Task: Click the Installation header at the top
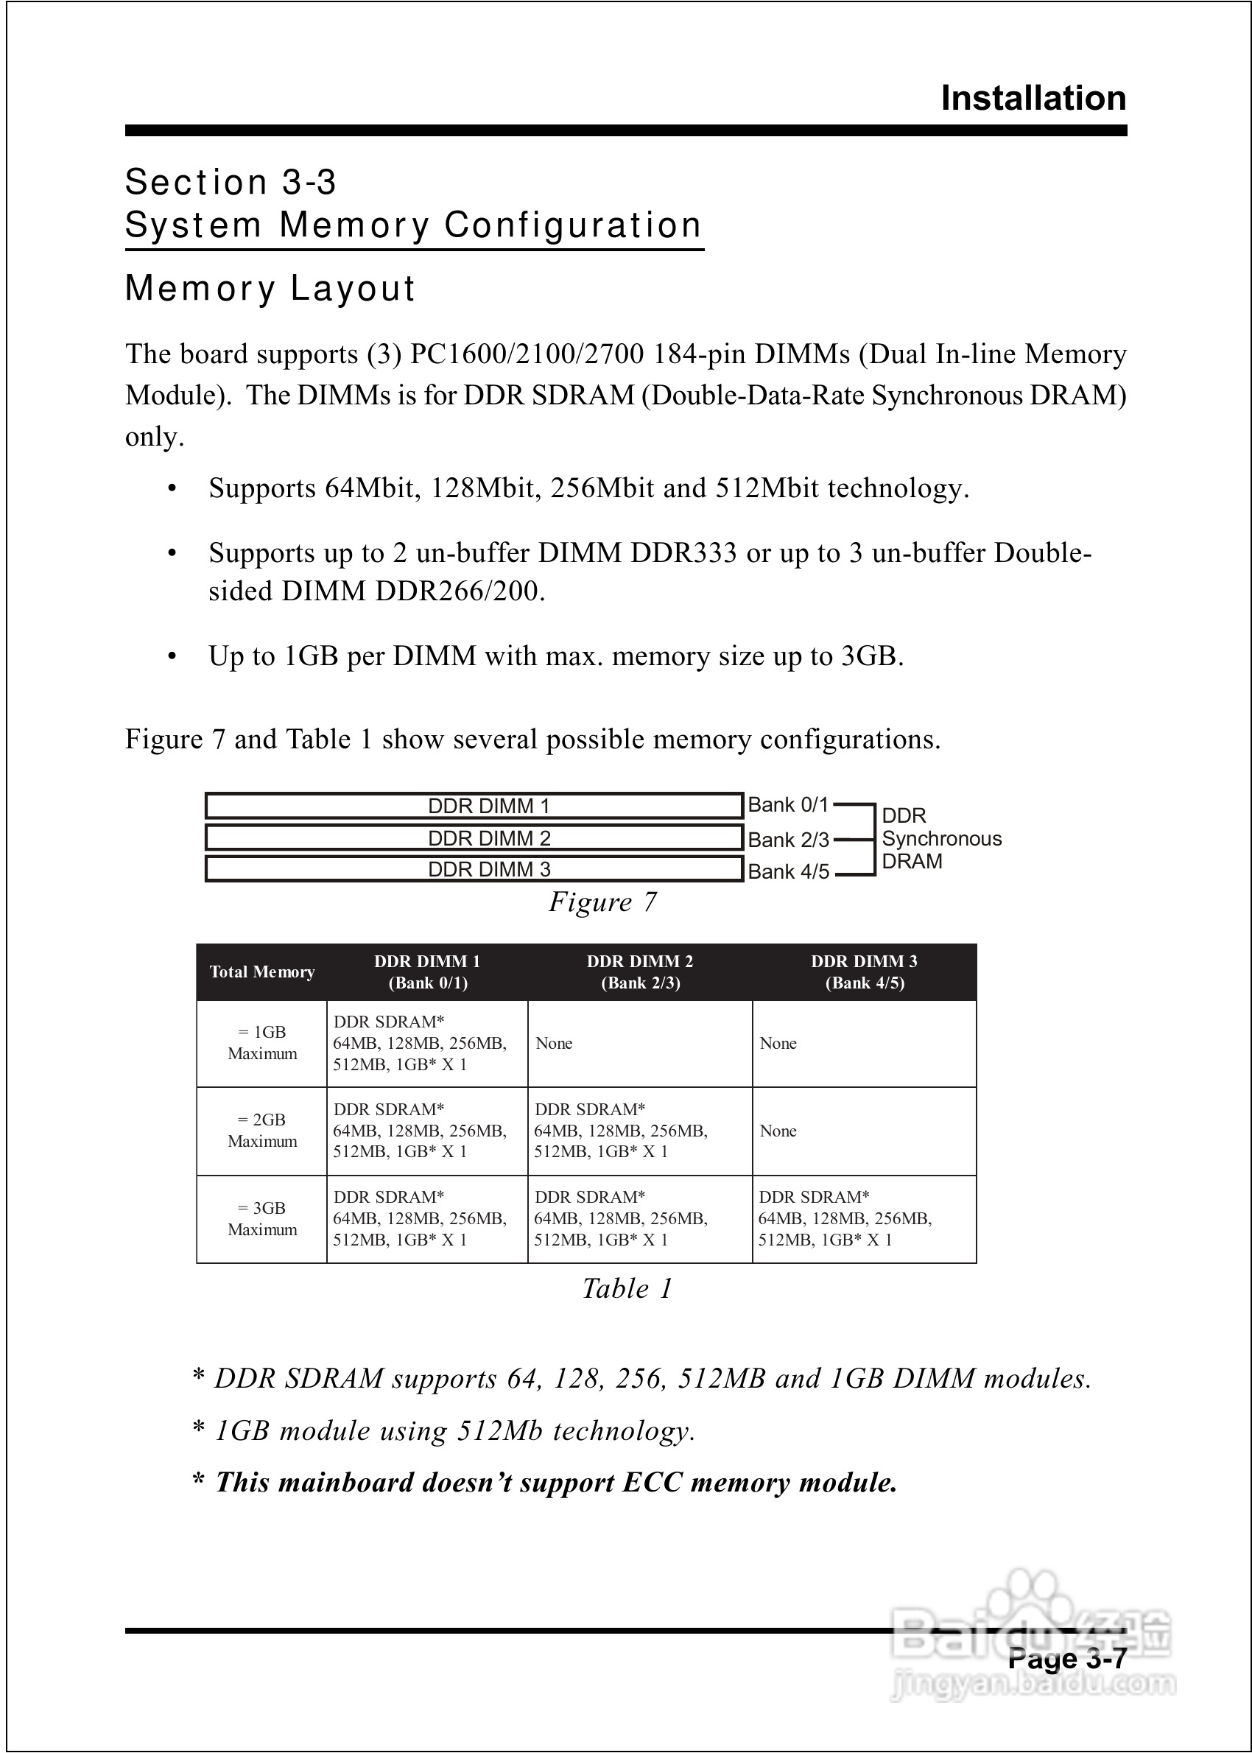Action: click(1033, 99)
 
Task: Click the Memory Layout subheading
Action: click(270, 288)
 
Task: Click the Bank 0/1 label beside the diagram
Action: click(788, 806)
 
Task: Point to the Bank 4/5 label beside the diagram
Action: click(788, 872)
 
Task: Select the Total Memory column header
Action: click(262, 972)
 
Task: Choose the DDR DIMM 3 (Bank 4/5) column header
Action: click(864, 972)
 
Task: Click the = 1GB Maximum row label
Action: click(262, 1043)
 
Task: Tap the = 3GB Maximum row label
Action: click(262, 1219)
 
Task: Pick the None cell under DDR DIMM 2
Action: click(554, 1044)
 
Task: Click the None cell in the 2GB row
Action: click(778, 1131)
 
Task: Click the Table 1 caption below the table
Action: click(627, 1289)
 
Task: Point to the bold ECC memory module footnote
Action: click(555, 1483)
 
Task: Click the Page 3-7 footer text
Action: click(1067, 1658)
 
